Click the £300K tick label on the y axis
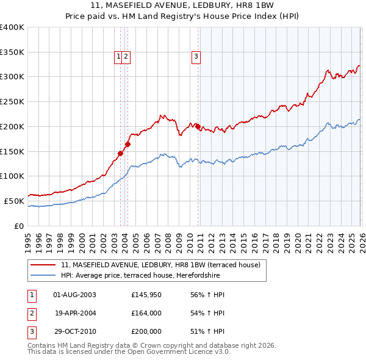[12, 77]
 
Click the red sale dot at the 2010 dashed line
[198, 126]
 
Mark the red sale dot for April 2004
[127, 145]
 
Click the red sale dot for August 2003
[120, 153]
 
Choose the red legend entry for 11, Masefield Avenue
[160, 265]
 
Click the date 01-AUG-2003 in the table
[74, 295]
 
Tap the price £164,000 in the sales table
[146, 314]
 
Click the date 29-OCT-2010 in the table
[74, 333]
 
